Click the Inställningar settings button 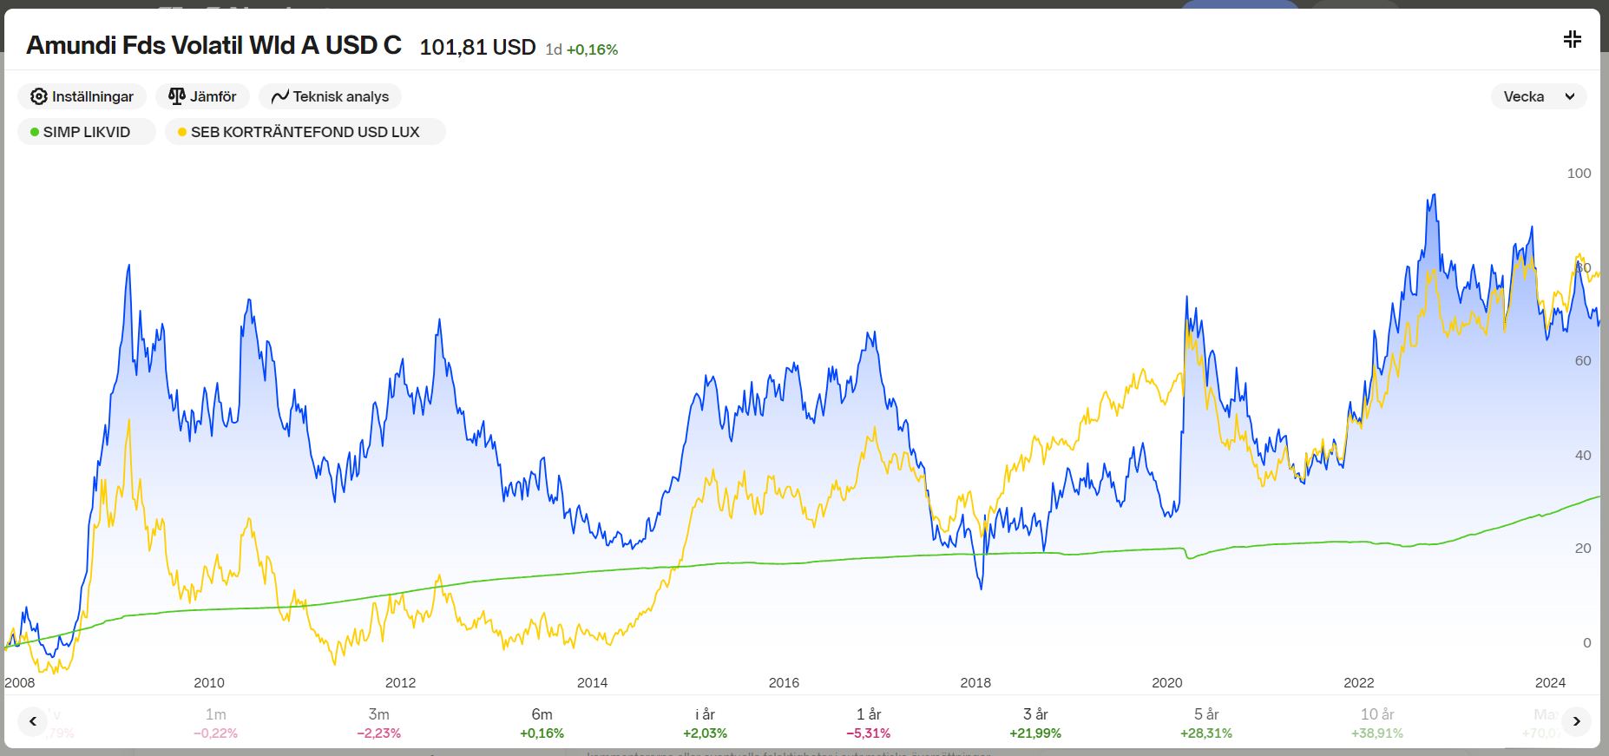point(82,96)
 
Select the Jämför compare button point(202,96)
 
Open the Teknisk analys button point(330,96)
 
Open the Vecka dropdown point(1538,96)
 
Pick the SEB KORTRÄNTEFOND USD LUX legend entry point(305,132)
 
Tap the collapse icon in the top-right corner point(1572,39)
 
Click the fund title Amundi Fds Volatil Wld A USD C point(213,45)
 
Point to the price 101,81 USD point(477,47)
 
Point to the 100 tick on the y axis point(1579,174)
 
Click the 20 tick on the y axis point(1582,549)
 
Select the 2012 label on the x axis point(401,683)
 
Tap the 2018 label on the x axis point(975,683)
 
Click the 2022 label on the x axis point(1359,683)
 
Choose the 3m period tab point(378,722)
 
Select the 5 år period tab point(1206,722)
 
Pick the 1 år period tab point(869,722)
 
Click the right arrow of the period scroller point(1576,721)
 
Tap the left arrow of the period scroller point(33,721)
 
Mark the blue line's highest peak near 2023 point(1433,195)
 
